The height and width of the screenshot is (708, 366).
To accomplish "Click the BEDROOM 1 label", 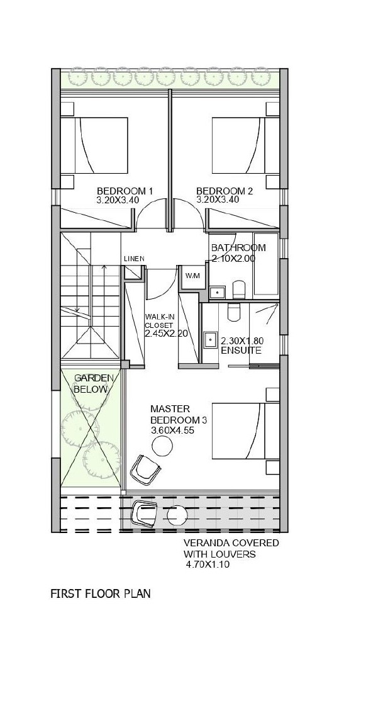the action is (125, 191).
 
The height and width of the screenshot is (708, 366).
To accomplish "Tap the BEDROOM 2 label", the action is (225, 191).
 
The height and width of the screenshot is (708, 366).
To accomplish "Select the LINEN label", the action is (134, 259).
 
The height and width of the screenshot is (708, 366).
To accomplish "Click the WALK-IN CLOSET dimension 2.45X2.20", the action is (166, 334).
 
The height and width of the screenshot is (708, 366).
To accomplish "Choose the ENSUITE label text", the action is (241, 351).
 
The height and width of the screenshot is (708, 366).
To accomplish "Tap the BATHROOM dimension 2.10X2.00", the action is (233, 259).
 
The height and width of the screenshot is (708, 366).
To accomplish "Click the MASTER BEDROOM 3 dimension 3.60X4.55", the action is (172, 430).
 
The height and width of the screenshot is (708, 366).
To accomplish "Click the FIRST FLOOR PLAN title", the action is (100, 593).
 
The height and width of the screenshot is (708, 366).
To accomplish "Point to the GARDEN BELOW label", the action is (92, 383).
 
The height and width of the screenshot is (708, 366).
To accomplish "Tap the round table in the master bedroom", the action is (162, 447).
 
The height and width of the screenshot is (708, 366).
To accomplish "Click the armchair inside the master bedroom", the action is (145, 469).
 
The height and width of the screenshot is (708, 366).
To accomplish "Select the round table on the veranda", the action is (177, 515).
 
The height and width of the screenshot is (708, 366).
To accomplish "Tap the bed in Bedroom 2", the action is (246, 145).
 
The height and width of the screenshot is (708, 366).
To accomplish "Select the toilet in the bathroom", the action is (238, 289).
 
